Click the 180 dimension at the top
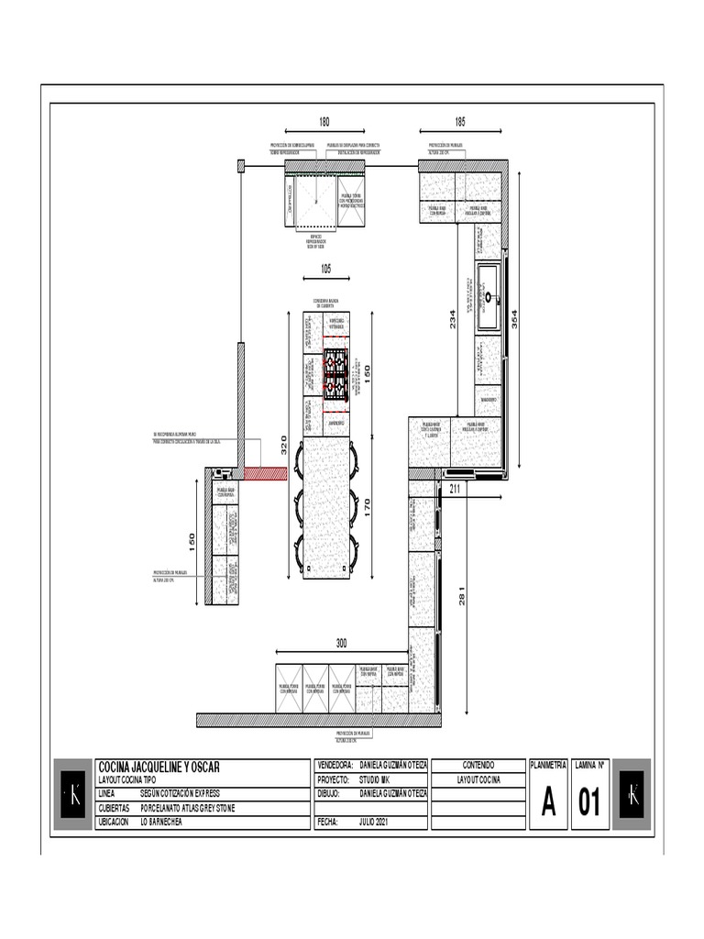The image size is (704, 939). [324, 122]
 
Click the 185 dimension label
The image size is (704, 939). [460, 122]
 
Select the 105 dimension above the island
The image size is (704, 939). [325, 269]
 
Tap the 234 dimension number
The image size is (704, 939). [452, 319]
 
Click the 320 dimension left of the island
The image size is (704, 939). [284, 445]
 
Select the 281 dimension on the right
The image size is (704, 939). [464, 594]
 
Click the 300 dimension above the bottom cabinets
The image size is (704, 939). [341, 643]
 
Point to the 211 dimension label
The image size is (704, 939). [456, 489]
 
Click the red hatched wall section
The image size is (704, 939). [267, 474]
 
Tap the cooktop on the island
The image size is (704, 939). [335, 375]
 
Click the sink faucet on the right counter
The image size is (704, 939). [489, 296]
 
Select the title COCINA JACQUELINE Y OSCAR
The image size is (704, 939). [159, 766]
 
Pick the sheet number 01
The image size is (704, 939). [588, 802]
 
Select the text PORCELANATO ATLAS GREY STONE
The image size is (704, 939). [188, 808]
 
